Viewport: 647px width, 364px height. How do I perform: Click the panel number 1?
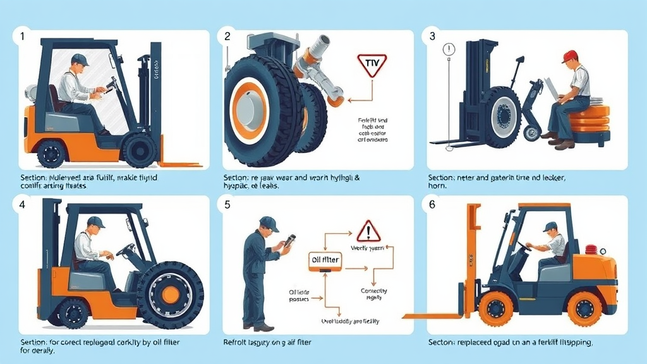23,37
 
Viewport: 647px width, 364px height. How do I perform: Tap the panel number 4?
23,205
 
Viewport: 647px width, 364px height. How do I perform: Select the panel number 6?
433,205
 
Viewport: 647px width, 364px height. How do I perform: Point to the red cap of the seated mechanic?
570,56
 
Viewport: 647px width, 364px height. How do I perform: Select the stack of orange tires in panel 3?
589,120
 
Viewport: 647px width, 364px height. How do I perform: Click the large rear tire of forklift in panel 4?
170,294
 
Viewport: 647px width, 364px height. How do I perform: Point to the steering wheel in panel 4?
125,250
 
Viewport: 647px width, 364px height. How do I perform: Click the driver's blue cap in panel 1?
80,59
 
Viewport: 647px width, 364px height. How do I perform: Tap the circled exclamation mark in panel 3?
450,49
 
